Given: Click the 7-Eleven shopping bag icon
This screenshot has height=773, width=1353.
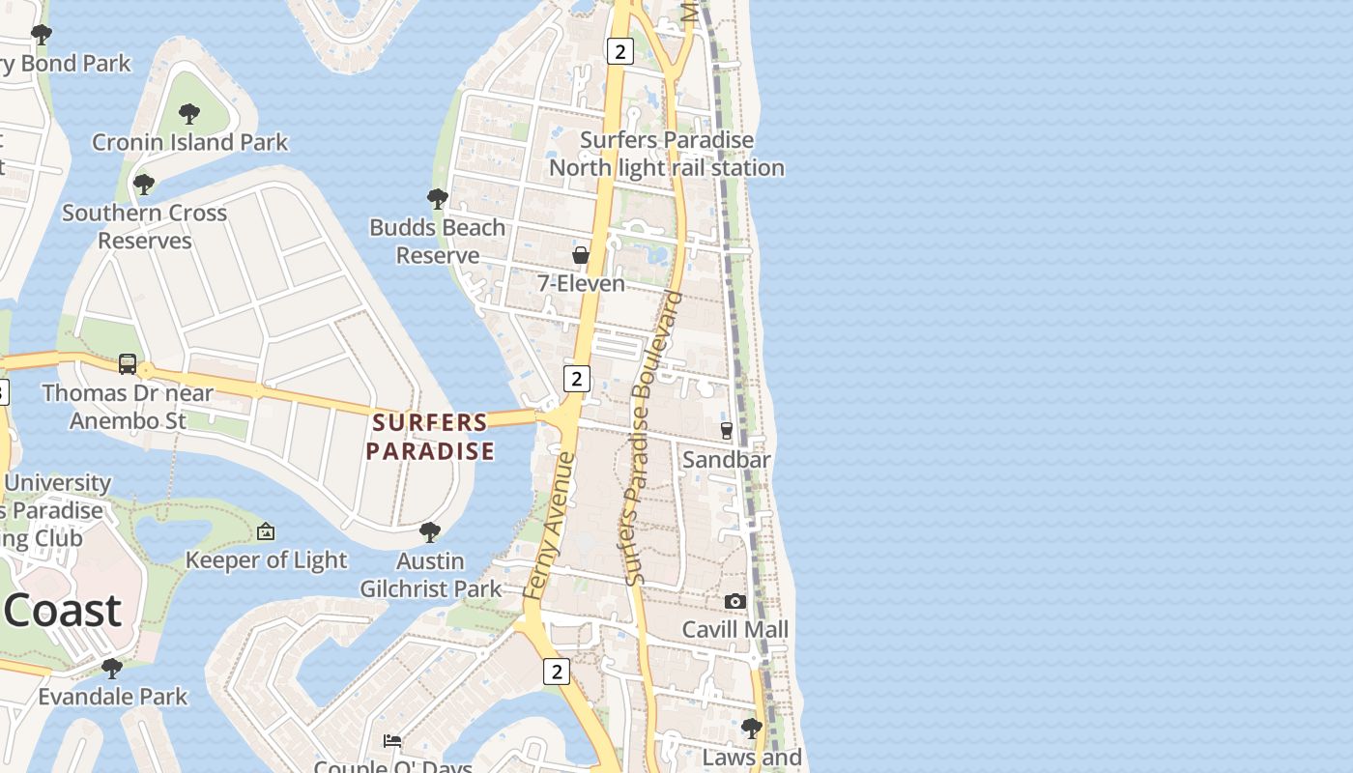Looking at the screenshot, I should (x=581, y=255).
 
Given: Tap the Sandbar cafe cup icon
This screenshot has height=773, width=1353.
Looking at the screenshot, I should (x=727, y=430).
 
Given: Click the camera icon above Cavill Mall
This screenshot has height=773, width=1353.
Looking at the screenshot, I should (x=735, y=601).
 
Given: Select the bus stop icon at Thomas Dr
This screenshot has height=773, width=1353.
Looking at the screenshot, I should (x=128, y=364).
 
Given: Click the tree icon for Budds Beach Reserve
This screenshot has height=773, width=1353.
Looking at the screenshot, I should (x=437, y=199).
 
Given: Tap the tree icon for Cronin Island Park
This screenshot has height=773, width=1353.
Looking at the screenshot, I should (x=189, y=113).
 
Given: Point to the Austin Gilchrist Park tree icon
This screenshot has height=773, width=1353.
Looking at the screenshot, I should (x=430, y=532).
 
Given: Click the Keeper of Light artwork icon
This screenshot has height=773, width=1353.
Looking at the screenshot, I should (x=266, y=531).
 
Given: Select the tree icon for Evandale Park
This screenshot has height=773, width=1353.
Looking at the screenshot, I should (x=112, y=668).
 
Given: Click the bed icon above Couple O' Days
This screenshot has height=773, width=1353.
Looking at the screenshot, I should (x=392, y=741).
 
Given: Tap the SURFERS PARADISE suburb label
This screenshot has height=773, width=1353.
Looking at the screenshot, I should (x=430, y=437).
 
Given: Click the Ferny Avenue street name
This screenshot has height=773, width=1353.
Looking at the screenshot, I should (x=549, y=527).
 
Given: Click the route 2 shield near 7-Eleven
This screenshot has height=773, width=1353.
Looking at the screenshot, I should (x=576, y=379).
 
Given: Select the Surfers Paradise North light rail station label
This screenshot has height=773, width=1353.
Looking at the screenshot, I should (x=667, y=154).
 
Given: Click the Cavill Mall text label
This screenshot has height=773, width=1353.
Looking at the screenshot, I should (x=735, y=630).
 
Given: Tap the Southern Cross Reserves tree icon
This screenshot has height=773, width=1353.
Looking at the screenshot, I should (x=144, y=184).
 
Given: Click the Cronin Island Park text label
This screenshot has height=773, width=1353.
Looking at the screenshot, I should (x=189, y=142).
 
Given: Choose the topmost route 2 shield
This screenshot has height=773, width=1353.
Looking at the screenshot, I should (x=620, y=51).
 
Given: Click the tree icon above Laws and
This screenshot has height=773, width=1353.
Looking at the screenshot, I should (x=751, y=728).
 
